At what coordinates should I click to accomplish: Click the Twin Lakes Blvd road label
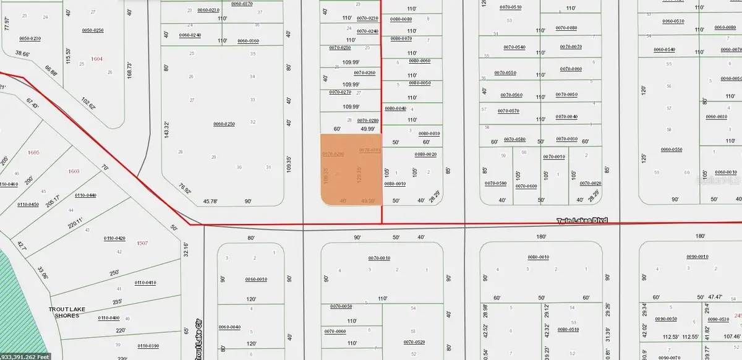point(582,220)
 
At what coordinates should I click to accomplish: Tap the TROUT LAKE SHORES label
point(68,312)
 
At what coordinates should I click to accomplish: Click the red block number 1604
point(96,58)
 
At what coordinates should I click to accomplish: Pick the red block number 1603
point(74,171)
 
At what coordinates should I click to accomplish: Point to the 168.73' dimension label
point(129,74)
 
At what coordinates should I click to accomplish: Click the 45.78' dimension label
point(212,201)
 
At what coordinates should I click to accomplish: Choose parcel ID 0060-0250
point(224,124)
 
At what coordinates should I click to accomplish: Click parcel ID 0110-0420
point(114,238)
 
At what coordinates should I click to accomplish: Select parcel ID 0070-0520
point(414,342)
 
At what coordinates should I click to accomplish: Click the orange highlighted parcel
point(351,169)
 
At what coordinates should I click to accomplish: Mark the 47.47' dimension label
point(714,297)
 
